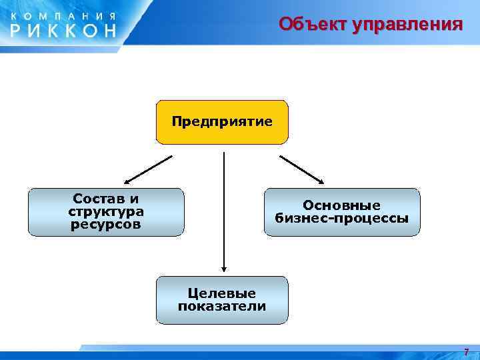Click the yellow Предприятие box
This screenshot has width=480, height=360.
coord(222,122)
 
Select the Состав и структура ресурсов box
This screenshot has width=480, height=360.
coord(106,212)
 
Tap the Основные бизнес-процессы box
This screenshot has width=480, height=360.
coord(342,212)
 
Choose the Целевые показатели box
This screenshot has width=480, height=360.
coord(222,300)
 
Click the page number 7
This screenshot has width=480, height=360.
coord(466,352)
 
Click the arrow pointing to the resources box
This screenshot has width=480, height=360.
coord(148,169)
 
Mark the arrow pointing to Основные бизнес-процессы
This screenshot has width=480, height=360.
coord(301,169)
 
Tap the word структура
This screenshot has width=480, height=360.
coord(106,211)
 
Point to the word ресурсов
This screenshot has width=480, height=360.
coord(106,224)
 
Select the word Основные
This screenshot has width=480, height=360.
coord(342,205)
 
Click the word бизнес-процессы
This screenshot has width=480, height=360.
coord(342,218)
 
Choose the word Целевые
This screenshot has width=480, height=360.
coord(222,293)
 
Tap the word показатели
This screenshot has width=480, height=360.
coord(222,307)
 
